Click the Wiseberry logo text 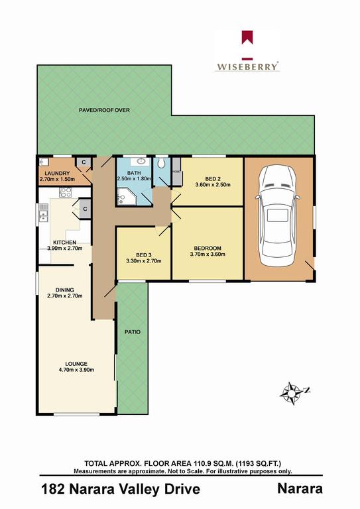pyautogui.click(x=248, y=66)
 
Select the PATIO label pyautogui.click(x=133, y=332)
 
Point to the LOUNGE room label pyautogui.click(x=76, y=364)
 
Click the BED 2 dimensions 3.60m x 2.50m pyautogui.click(x=213, y=185)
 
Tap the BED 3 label pyautogui.click(x=143, y=254)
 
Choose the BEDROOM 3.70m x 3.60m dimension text pyautogui.click(x=208, y=254)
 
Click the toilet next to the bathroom pyautogui.click(x=161, y=163)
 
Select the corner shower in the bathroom pyautogui.click(x=125, y=196)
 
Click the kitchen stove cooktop pyautogui.click(x=66, y=192)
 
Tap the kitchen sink pyautogui.click(x=44, y=213)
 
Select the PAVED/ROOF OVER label pyautogui.click(x=104, y=110)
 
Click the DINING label pyautogui.click(x=64, y=290)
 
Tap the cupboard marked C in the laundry pyautogui.click(x=83, y=162)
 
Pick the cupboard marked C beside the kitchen pyautogui.click(x=85, y=209)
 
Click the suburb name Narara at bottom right pyautogui.click(x=300, y=488)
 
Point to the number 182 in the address pyautogui.click(x=53, y=489)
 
